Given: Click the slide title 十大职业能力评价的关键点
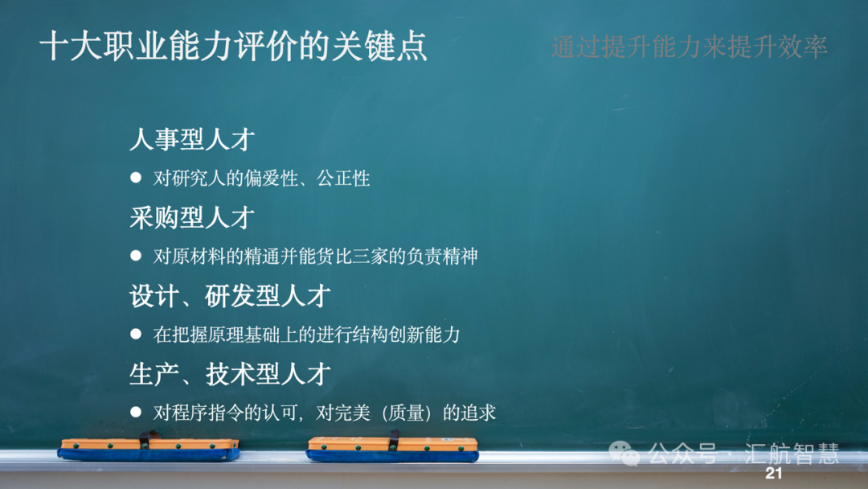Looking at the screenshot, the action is coord(233,46).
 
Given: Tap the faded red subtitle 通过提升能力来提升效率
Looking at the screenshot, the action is coord(690,47).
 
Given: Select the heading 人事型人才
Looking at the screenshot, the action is coord(192,139).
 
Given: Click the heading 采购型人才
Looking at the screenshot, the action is coord(192,217).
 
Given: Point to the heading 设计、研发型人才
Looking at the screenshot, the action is coord(231,296).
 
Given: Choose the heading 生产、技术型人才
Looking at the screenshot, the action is coord(231,374).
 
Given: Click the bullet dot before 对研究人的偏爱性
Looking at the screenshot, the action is coord(136,177).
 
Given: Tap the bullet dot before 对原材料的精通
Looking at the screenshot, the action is coord(136,255).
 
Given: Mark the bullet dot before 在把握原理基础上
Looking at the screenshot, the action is coord(136,334).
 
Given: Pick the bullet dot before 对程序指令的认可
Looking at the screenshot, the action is coord(136,412).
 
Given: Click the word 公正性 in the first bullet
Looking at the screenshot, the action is coord(343,179).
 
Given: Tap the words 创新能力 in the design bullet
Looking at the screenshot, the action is coord(424,335).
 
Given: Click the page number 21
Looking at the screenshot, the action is coord(773,473).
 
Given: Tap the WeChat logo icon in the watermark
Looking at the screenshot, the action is coord(624,454).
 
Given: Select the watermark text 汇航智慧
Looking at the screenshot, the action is coord(792,454).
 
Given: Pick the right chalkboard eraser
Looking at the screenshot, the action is coord(392,448).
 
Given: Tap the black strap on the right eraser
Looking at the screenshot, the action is coord(394,440).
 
